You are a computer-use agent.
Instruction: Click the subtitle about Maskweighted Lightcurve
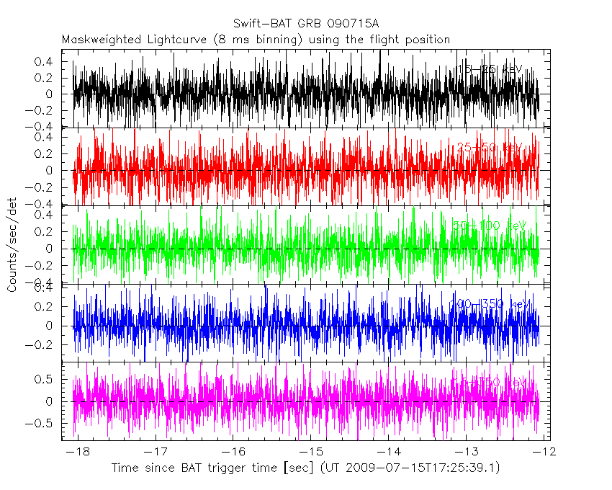(x=256, y=40)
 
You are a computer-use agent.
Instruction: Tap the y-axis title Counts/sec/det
(x=12, y=246)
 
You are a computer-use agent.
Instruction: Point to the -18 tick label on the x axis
(x=77, y=453)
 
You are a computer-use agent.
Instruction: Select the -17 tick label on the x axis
(x=155, y=453)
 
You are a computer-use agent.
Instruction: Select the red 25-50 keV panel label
(x=489, y=148)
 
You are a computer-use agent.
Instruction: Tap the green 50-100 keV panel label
(x=489, y=226)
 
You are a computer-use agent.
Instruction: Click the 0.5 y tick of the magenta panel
(x=48, y=378)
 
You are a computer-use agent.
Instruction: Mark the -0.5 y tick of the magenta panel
(x=45, y=424)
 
